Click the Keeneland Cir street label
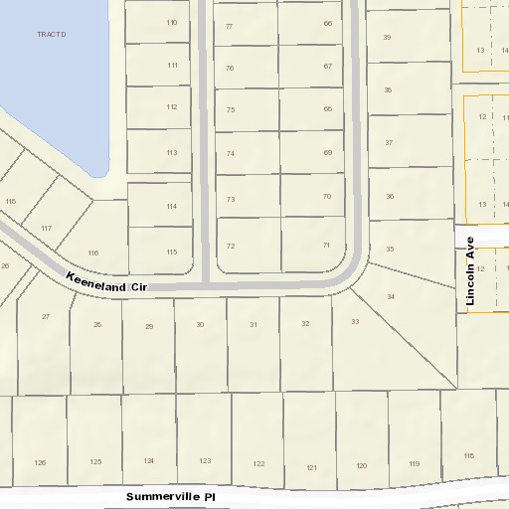click(x=106, y=281)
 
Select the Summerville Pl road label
click(x=171, y=496)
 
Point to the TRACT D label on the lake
click(x=51, y=34)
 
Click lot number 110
click(x=172, y=22)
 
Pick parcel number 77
click(x=229, y=26)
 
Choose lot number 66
click(x=328, y=23)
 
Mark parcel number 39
click(x=387, y=37)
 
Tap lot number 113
click(x=172, y=152)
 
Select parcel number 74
click(x=231, y=154)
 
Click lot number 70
click(x=327, y=196)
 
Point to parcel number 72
click(x=231, y=246)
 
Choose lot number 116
click(x=93, y=253)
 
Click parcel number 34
click(x=391, y=296)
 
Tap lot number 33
click(x=355, y=321)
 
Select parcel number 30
click(x=200, y=325)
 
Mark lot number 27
click(x=46, y=316)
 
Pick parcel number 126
click(x=40, y=462)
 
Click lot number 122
click(x=259, y=464)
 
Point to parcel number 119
click(x=413, y=464)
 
